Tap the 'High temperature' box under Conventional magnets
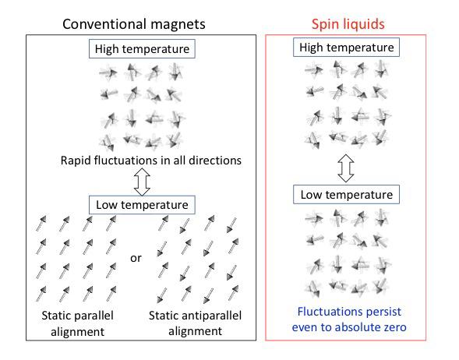(x=143, y=50)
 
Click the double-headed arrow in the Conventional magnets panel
(x=143, y=183)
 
